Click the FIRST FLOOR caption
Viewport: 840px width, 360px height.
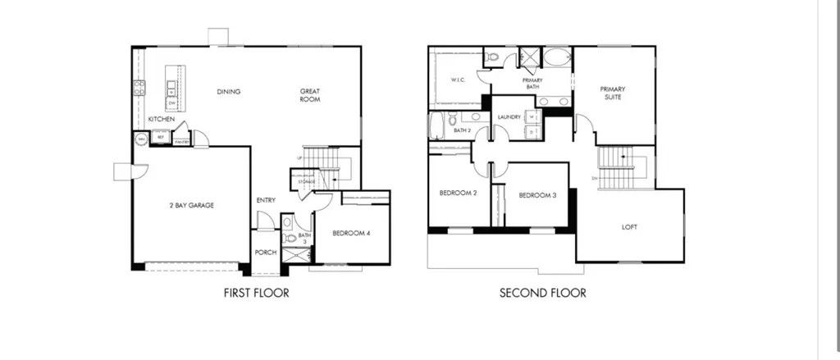256,292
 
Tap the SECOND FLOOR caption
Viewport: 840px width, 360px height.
543,292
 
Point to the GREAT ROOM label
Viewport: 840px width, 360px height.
309,95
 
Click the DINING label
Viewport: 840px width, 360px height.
229,91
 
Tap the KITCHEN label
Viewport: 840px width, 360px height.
161,120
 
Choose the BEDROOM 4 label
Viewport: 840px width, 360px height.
351,233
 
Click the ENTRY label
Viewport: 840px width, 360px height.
265,199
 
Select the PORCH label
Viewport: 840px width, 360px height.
265,252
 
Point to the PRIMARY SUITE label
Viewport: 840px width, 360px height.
613,93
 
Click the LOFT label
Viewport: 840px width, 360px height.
629,227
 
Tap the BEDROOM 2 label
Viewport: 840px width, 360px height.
458,194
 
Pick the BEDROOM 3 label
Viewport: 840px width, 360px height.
537,195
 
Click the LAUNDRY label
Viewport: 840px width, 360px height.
509,117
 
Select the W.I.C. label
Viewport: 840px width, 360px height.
458,80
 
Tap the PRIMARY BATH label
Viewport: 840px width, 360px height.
534,83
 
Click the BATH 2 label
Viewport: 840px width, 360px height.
462,130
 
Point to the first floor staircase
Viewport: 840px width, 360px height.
328,164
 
